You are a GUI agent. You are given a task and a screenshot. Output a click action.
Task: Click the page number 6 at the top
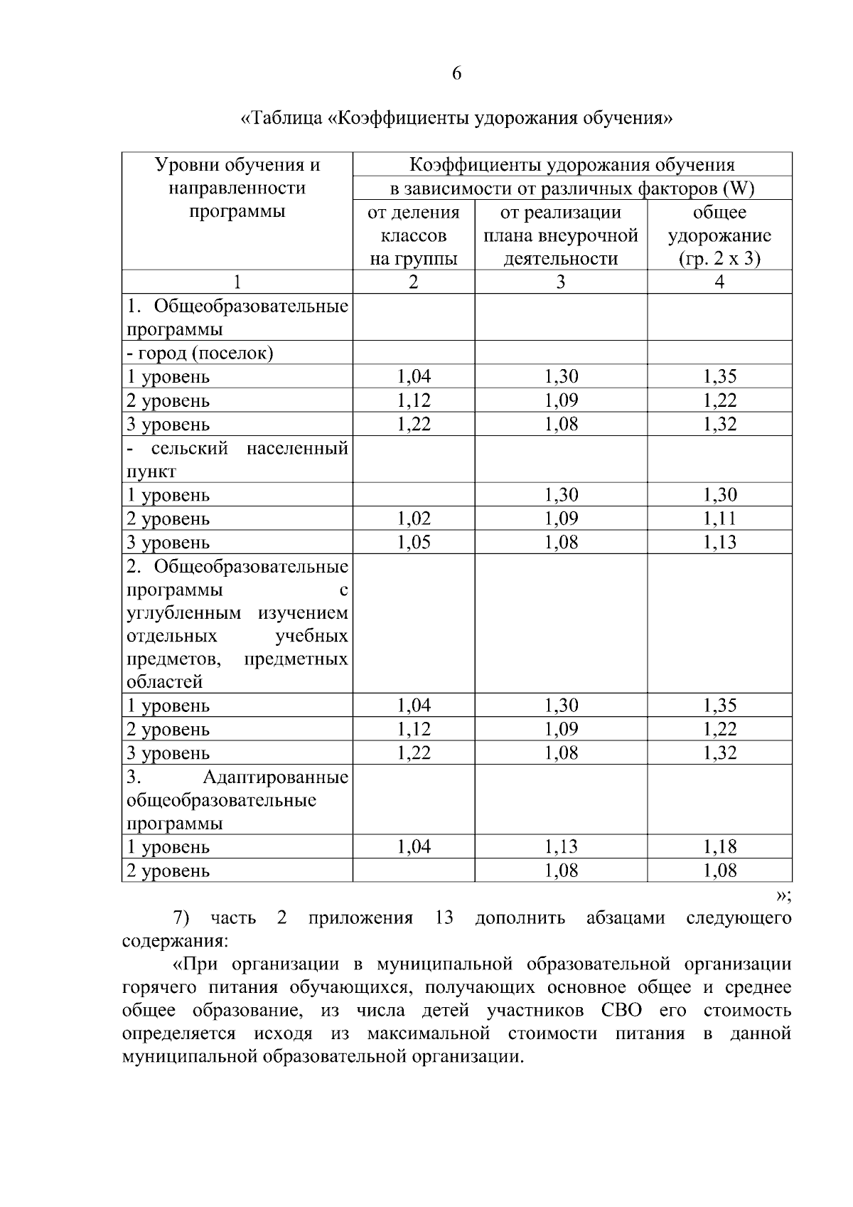click(456, 73)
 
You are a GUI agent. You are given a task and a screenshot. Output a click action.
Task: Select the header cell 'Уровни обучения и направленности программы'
click(237, 188)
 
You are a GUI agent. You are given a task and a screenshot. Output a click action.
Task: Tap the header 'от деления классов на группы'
click(413, 235)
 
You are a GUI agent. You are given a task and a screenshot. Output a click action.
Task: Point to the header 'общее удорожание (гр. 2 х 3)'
click(719, 235)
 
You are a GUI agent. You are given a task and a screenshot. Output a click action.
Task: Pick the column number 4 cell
click(719, 282)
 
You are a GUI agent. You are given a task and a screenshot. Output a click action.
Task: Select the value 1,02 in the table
click(413, 519)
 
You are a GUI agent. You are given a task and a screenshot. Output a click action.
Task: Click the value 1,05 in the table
click(413, 542)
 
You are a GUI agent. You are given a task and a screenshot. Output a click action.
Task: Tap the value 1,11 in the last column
click(719, 519)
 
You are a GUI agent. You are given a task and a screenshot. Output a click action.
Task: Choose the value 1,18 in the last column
click(719, 846)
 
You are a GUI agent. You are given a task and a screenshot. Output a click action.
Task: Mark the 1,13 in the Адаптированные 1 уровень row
click(561, 846)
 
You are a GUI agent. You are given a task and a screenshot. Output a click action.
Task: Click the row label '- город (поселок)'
click(200, 353)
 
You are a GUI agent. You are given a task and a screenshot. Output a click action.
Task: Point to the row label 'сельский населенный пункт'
click(237, 459)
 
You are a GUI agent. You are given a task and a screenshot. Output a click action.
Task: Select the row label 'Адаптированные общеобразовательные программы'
click(237, 799)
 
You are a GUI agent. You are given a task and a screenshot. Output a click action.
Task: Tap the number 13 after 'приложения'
click(444, 918)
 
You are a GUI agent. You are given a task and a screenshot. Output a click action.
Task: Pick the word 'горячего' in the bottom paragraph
click(158, 987)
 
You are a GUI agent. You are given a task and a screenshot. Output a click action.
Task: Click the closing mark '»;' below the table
click(783, 895)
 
